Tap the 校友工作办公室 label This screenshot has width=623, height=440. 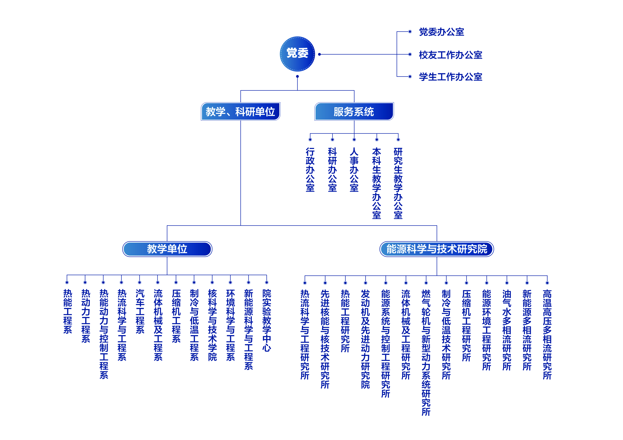point(450,55)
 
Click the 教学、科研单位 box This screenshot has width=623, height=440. point(240,111)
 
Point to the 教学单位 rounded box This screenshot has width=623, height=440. point(167,249)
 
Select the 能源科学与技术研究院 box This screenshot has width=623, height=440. point(437,249)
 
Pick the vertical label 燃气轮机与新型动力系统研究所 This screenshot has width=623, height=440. point(426,352)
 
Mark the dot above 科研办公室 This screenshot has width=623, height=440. point(332,140)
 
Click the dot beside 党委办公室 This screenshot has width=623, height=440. point(410,32)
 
